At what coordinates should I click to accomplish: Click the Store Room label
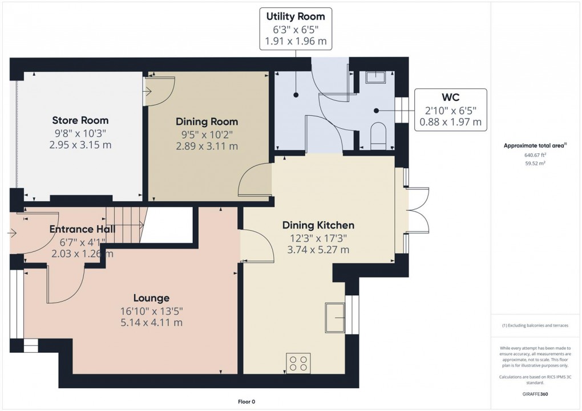click(80, 120)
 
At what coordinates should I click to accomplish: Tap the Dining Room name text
click(207, 121)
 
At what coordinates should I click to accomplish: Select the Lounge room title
click(151, 298)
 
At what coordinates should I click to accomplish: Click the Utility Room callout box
click(295, 29)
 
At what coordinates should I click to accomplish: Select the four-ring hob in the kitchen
click(297, 363)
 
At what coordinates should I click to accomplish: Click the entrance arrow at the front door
click(13, 233)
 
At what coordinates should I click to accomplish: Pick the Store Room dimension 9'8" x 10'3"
click(80, 133)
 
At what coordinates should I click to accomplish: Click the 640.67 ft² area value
click(536, 154)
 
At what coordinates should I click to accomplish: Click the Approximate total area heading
click(535, 145)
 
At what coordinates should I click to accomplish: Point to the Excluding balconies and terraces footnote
click(536, 325)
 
